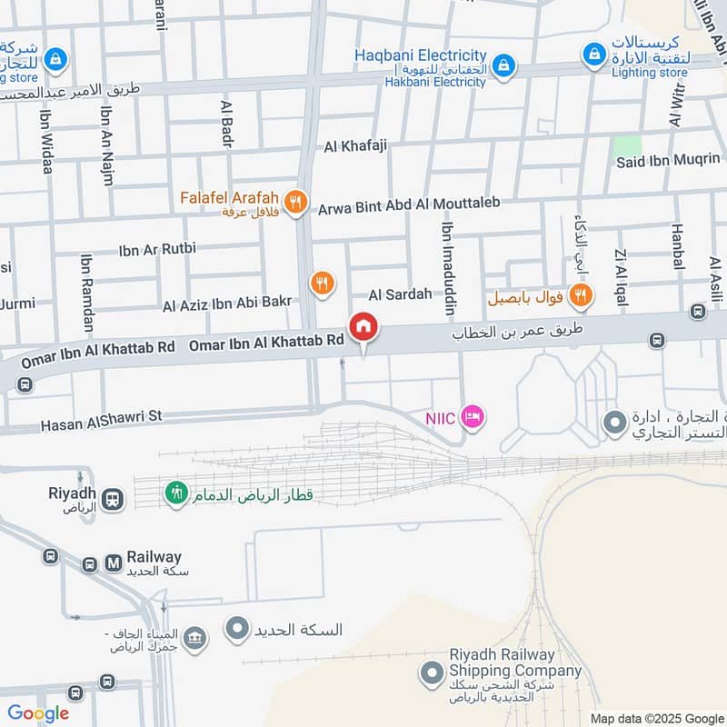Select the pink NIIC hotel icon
point(473,417)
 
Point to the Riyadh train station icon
point(113,499)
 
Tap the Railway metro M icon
point(115,563)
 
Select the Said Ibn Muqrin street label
point(668,162)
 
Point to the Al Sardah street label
point(400,294)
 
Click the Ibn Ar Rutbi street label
point(157,248)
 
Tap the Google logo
point(38,713)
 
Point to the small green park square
point(627,144)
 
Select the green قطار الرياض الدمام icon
point(174,493)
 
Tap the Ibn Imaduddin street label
point(447,269)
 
